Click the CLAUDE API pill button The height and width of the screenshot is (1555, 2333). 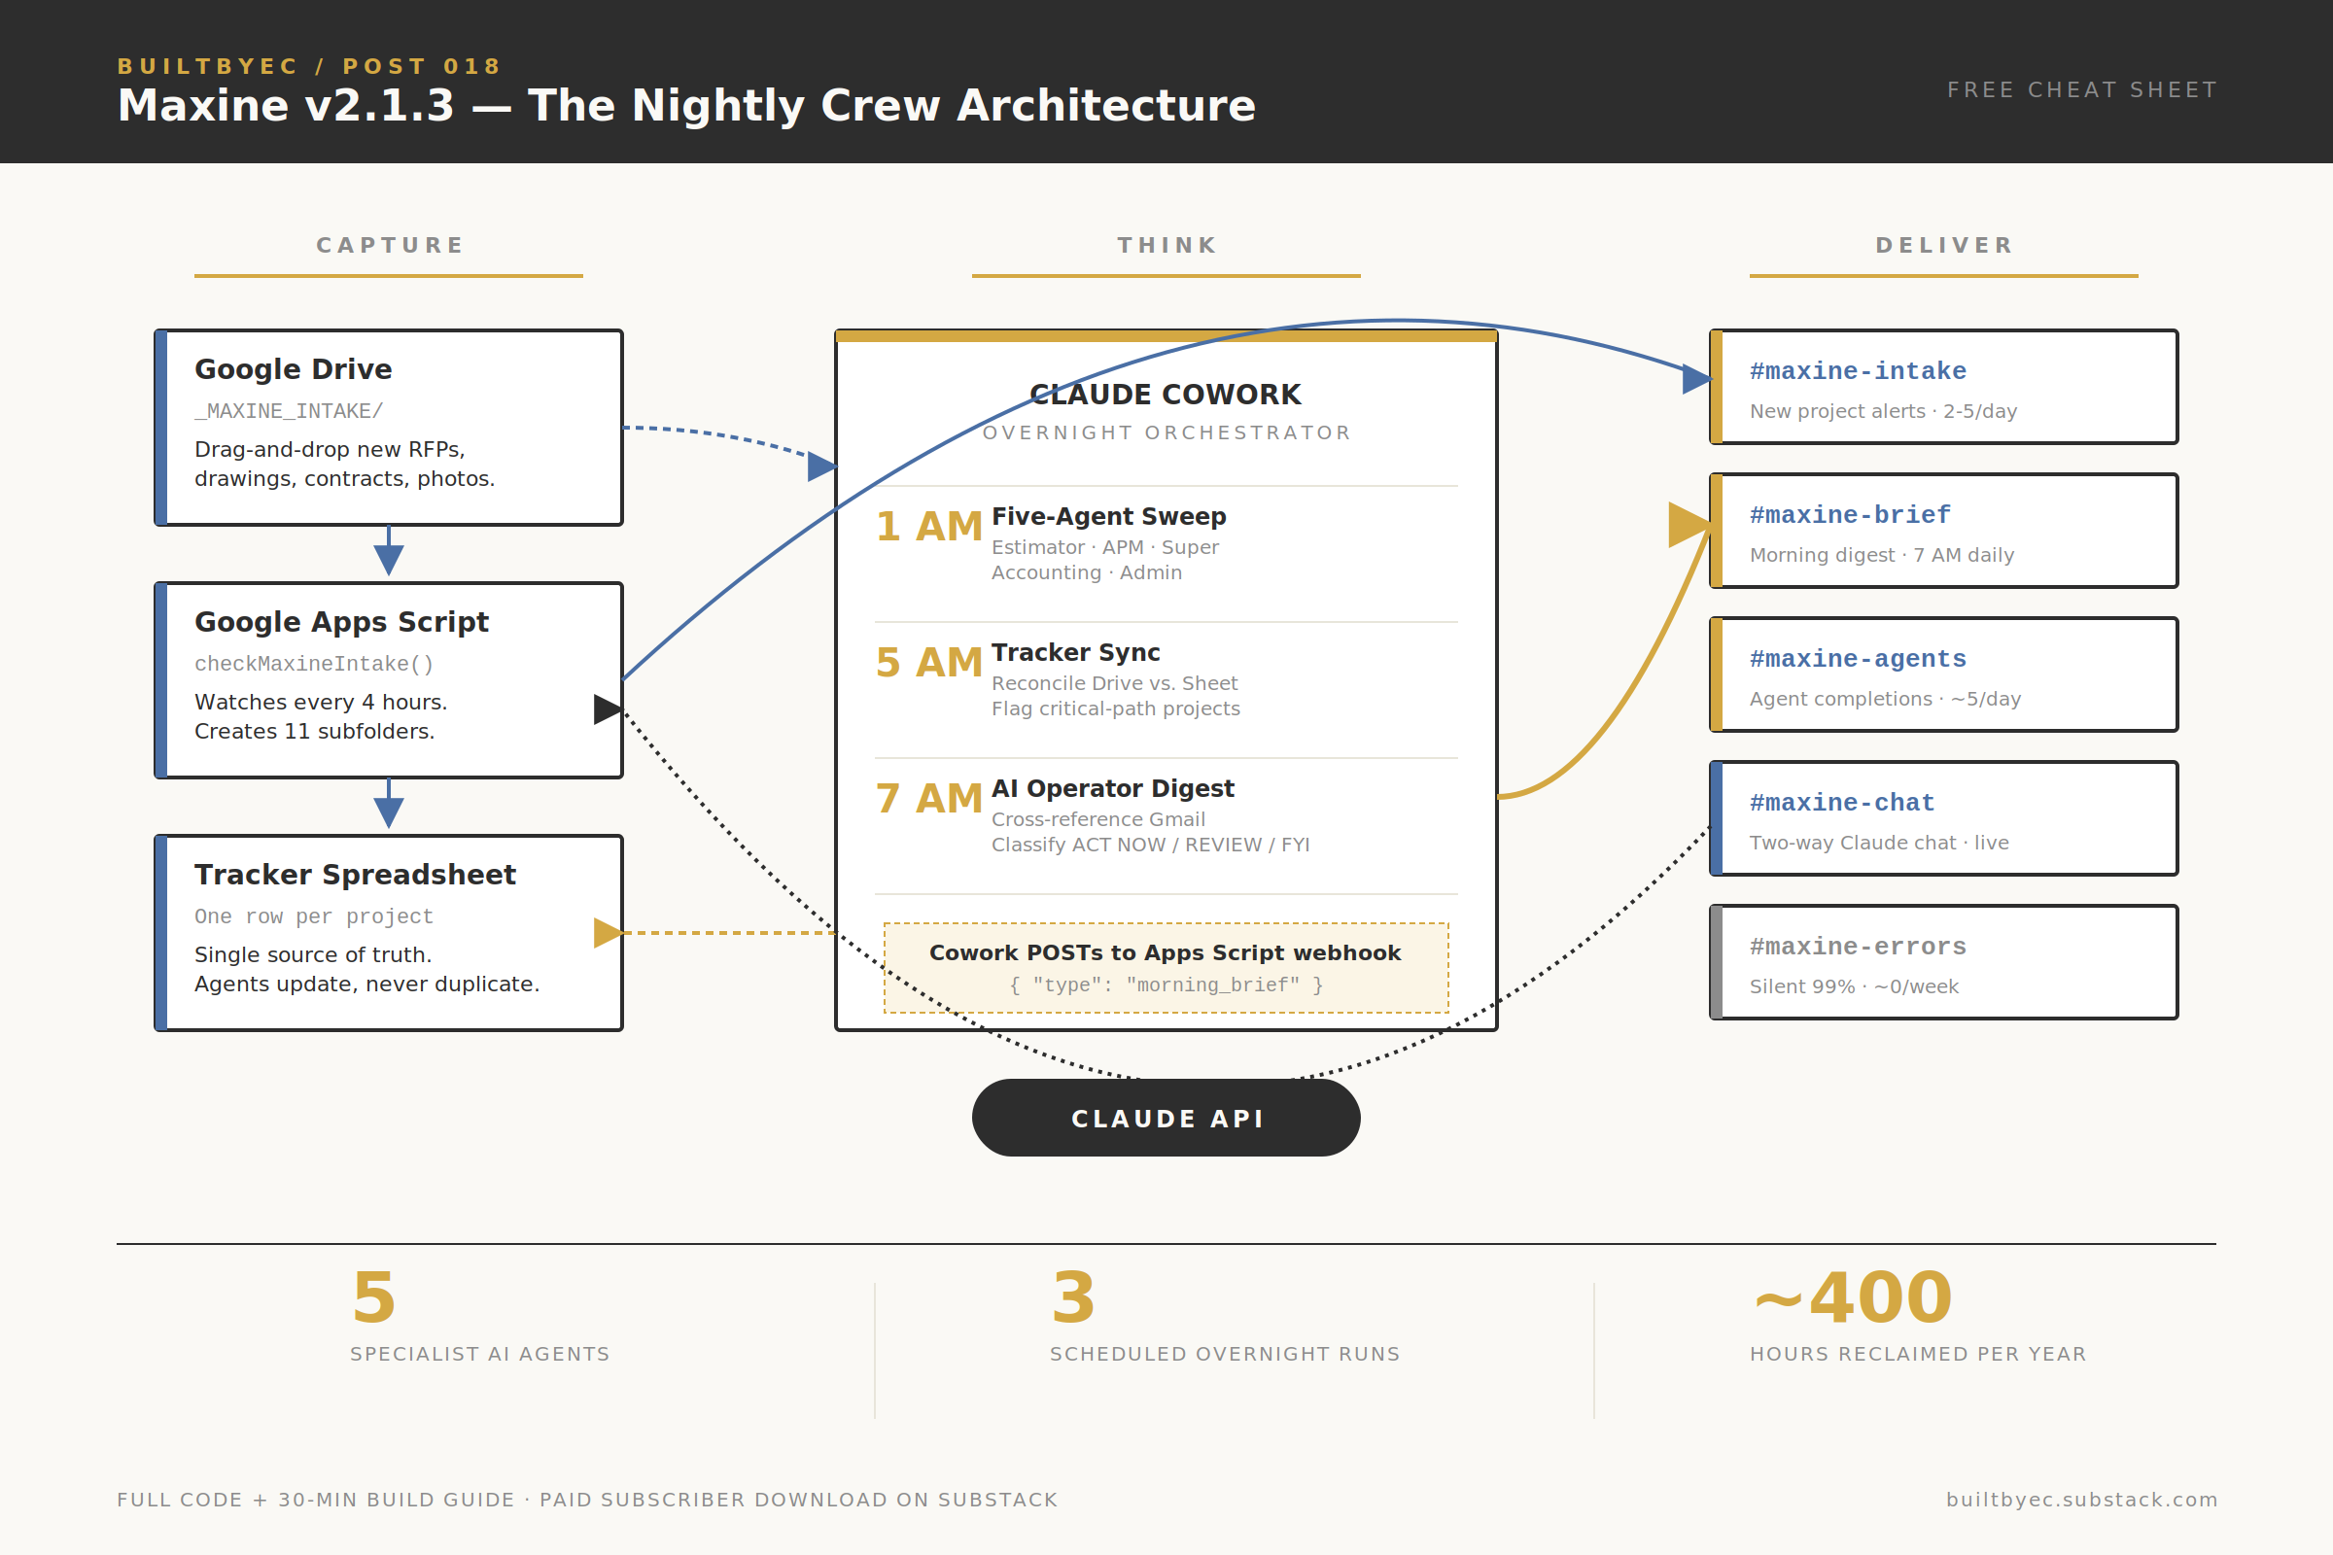click(x=1166, y=1118)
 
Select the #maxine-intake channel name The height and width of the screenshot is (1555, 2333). click(x=1857, y=371)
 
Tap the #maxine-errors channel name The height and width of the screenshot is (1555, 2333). click(x=1857, y=946)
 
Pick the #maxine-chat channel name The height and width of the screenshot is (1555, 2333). click(x=1841, y=803)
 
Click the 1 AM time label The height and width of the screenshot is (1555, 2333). click(x=928, y=527)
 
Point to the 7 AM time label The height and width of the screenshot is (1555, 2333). click(x=928, y=798)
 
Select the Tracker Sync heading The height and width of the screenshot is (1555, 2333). click(x=1075, y=652)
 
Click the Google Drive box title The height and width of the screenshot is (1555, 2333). click(x=293, y=369)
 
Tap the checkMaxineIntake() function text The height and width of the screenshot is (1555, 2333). click(x=313, y=664)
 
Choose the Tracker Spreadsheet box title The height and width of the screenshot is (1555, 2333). click(x=355, y=875)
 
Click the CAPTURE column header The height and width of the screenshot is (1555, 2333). click(x=389, y=245)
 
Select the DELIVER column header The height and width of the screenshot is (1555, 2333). click(x=1943, y=245)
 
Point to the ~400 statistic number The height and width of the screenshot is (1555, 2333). click(x=1853, y=1297)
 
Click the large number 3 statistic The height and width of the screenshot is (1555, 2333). click(x=1073, y=1297)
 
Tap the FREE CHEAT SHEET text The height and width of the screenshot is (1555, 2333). click(x=2081, y=90)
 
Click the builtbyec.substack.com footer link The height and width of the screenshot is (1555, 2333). click(x=2081, y=1500)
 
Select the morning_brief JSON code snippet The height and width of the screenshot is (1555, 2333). click(x=1166, y=985)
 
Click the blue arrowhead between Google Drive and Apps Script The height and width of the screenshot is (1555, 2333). click(x=389, y=561)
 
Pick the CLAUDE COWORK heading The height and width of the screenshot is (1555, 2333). click(x=1166, y=395)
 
